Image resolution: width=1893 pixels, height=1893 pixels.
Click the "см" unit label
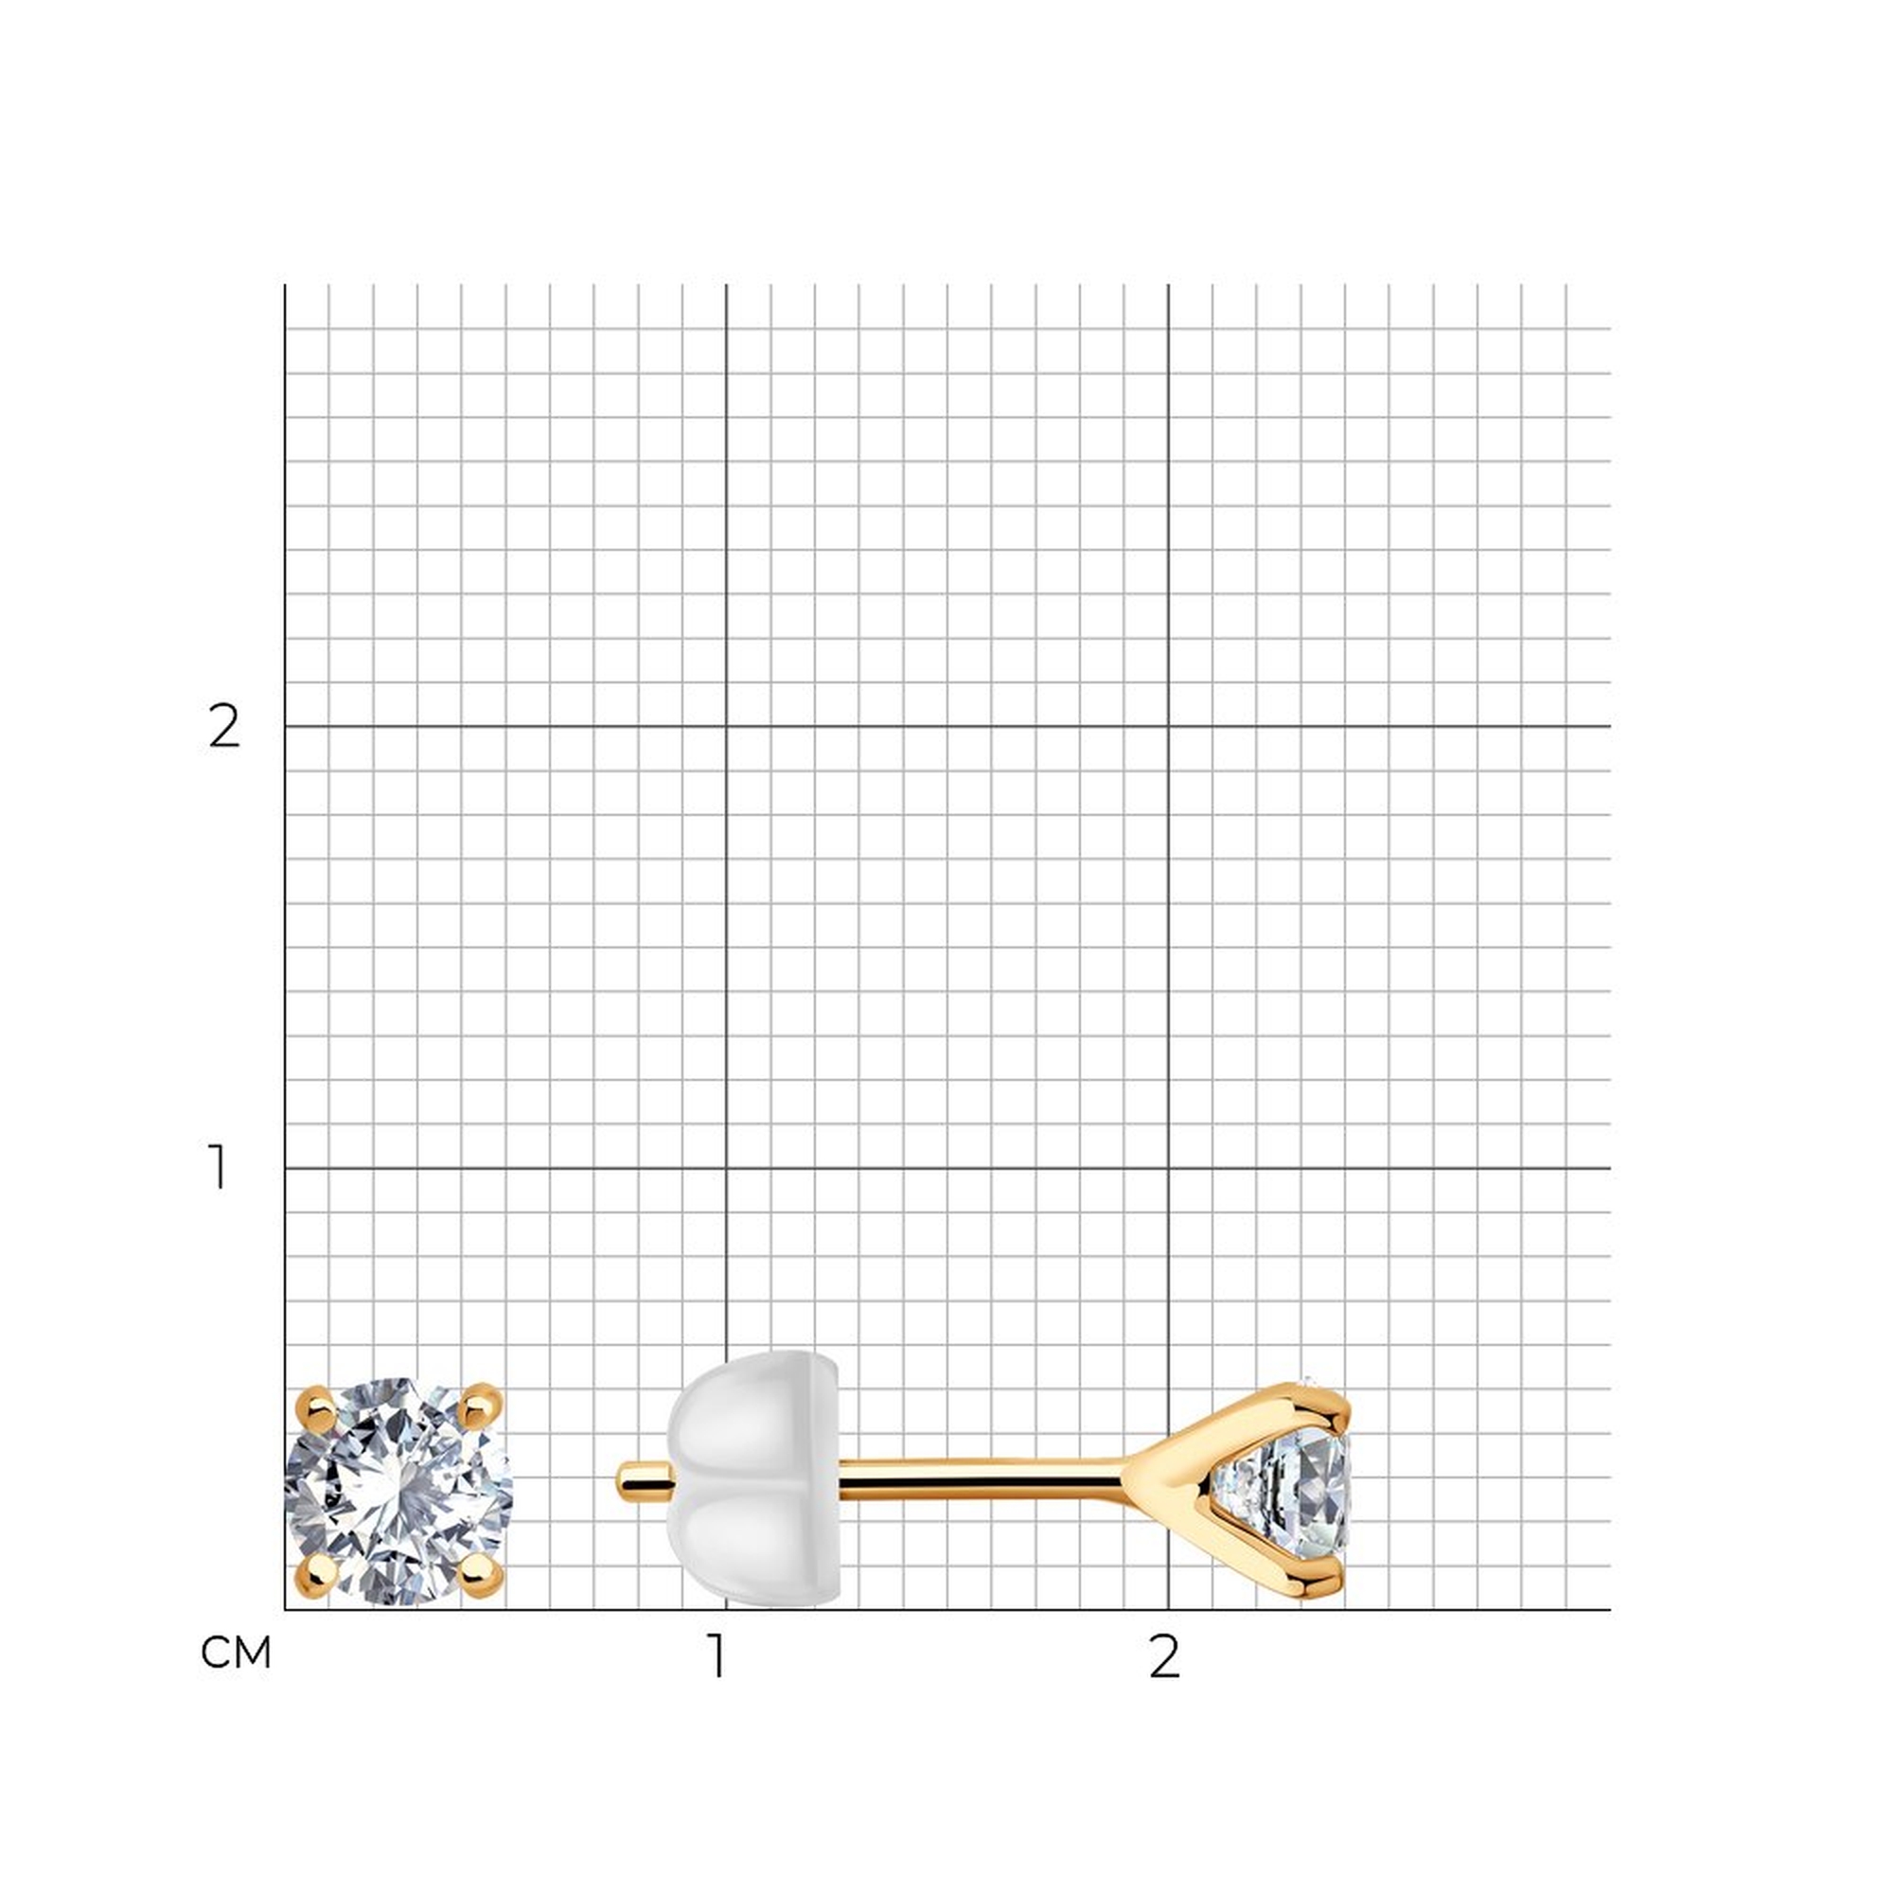[235, 1654]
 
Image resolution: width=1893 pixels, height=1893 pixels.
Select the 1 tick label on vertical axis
[219, 1167]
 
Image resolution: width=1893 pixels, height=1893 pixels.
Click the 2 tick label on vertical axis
[224, 726]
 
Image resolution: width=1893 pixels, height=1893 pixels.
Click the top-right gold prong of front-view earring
[480, 1408]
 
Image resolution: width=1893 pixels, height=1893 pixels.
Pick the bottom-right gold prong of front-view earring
[481, 1575]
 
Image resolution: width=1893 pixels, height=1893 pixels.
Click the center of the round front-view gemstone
[398, 1493]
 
